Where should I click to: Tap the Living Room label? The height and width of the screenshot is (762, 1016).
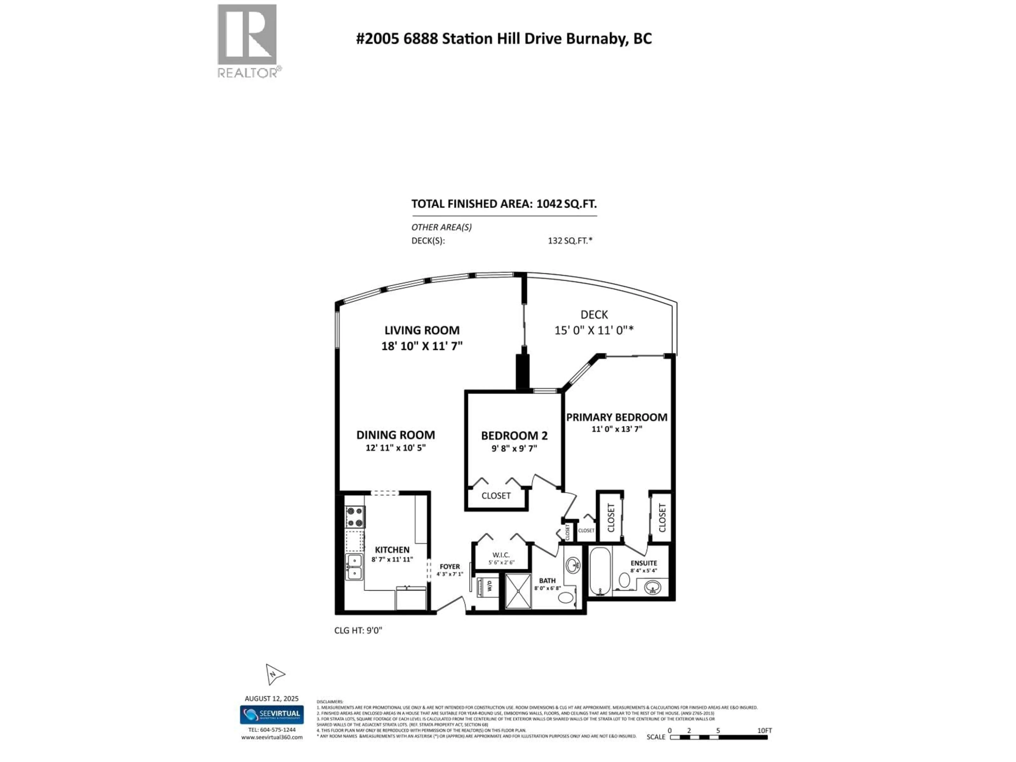pos(422,330)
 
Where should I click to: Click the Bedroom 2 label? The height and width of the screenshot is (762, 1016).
pos(514,436)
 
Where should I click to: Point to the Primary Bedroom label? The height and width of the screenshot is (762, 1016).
pos(616,417)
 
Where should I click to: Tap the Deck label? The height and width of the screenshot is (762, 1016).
pos(594,315)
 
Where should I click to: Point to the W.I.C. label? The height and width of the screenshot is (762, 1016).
pos(501,555)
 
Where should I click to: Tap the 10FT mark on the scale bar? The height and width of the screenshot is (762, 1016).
pos(765,730)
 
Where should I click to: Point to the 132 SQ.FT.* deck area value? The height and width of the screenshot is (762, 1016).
pos(570,240)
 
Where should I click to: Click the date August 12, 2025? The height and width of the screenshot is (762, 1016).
pos(271,698)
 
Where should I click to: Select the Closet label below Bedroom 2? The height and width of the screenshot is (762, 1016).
pos(496,496)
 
